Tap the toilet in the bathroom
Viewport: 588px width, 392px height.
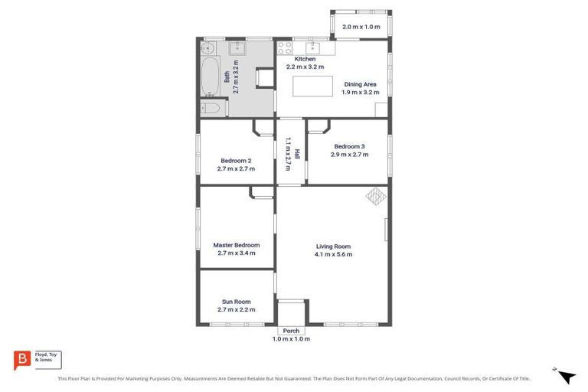(211, 109)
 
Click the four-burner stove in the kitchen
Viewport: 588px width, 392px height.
(286, 47)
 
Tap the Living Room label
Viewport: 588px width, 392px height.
(334, 246)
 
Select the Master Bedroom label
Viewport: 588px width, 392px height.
(236, 245)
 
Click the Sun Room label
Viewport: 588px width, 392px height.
(236, 302)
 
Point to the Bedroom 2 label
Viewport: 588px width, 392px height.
(236, 161)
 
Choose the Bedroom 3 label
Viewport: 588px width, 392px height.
(349, 146)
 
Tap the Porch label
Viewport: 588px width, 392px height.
(291, 331)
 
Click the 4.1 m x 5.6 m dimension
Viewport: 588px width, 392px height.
(334, 254)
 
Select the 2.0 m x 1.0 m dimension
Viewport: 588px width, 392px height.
(361, 27)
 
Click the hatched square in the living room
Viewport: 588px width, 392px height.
(375, 197)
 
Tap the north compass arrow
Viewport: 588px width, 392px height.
(566, 376)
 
